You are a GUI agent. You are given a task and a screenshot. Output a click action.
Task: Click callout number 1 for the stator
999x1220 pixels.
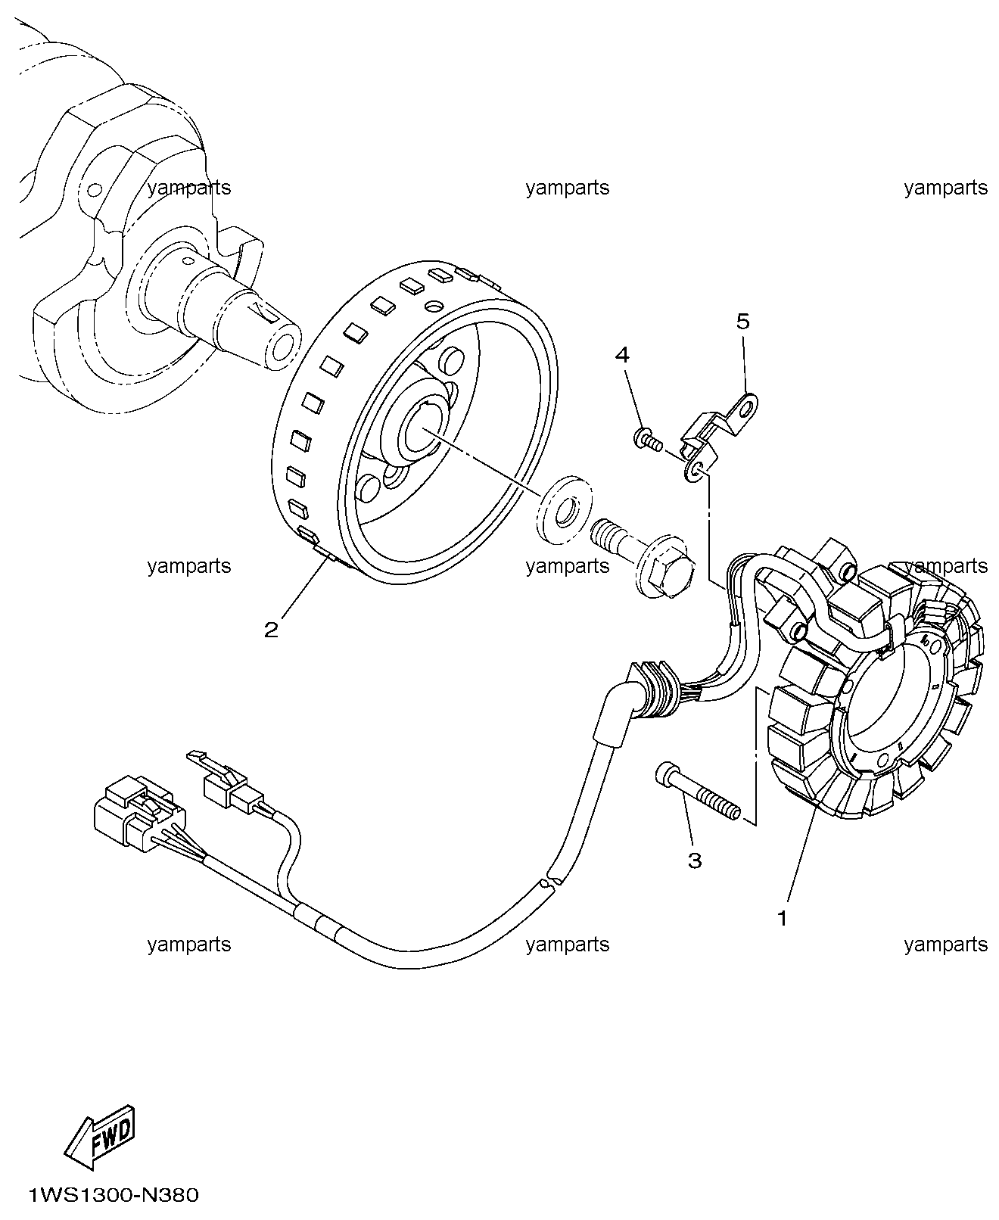click(x=783, y=918)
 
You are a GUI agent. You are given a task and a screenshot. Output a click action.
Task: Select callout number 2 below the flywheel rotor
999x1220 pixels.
click(x=271, y=629)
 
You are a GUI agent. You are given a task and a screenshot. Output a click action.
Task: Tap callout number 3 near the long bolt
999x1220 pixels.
click(x=694, y=860)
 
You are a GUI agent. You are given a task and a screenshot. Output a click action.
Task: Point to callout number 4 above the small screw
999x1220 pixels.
click(x=622, y=354)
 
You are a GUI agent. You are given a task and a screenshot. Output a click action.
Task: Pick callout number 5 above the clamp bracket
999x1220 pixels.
click(x=742, y=322)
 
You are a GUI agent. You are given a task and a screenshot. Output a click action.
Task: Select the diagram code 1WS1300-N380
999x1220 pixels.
click(x=114, y=1196)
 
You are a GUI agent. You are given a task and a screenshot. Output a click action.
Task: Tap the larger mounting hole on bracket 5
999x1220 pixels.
click(x=746, y=408)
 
